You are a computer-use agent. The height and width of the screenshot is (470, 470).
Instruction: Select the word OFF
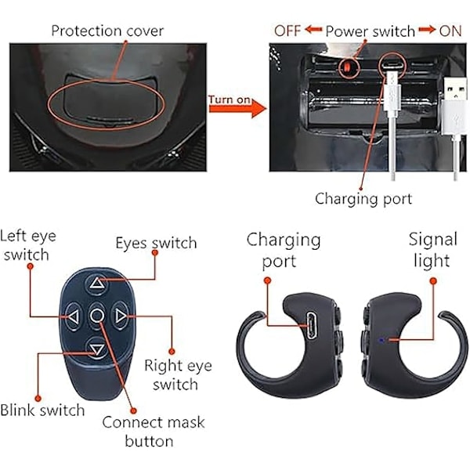coord(287,31)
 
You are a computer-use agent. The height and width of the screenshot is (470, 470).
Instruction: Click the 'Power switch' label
coord(370,31)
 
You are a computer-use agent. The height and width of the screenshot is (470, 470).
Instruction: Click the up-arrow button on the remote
coord(96,284)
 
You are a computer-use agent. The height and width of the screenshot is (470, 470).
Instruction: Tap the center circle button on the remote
coord(96,316)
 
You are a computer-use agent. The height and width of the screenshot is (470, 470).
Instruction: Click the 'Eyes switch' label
coord(156,243)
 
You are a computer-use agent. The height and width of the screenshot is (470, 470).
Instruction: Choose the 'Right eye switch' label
coord(177,374)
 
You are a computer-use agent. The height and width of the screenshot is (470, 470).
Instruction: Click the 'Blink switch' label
coord(42,410)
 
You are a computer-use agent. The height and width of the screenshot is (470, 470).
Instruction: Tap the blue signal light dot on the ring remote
coord(380,339)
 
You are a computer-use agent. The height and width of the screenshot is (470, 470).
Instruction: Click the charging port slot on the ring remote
coord(309,321)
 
